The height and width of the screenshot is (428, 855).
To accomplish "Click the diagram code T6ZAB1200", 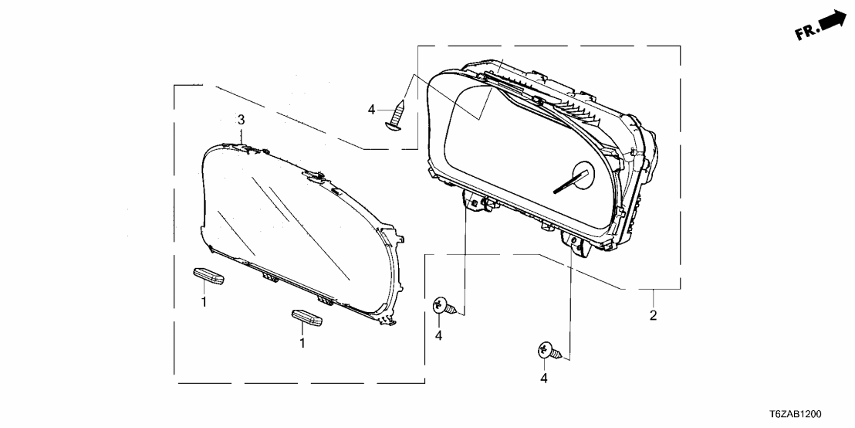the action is pyautogui.click(x=795, y=415).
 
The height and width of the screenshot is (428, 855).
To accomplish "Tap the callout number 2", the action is pyautogui.click(x=653, y=315).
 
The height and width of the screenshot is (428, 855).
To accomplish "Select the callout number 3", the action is pyautogui.click(x=241, y=120).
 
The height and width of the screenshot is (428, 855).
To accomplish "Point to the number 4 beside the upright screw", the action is pyautogui.click(x=371, y=110).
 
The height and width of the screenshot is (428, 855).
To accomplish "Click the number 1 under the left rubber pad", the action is pyautogui.click(x=204, y=301).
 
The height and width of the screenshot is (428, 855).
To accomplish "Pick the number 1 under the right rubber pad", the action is pyautogui.click(x=302, y=343).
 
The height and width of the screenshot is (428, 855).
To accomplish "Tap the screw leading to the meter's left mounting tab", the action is pyautogui.click(x=444, y=307).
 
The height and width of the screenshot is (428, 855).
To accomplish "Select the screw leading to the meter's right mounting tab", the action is pyautogui.click(x=549, y=351).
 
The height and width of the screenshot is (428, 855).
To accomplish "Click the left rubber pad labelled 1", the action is pyautogui.click(x=208, y=277).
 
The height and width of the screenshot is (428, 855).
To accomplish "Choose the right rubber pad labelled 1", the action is pyautogui.click(x=307, y=318).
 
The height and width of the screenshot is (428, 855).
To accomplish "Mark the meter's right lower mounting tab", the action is pyautogui.click(x=574, y=243).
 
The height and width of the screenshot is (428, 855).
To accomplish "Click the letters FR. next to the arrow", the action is pyautogui.click(x=806, y=32).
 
